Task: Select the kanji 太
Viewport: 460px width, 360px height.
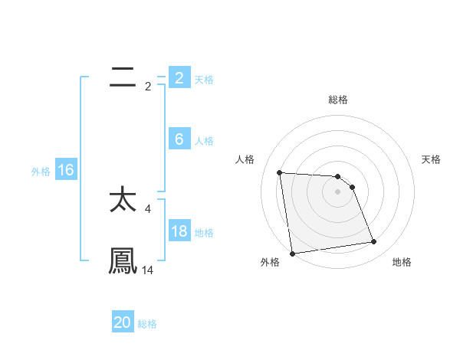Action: click(123, 200)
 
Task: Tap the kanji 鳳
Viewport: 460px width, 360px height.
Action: click(123, 261)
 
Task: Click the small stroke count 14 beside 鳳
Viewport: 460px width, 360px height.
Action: click(148, 270)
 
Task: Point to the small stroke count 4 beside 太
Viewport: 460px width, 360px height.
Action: click(148, 208)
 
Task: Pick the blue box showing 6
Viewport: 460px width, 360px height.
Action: click(179, 139)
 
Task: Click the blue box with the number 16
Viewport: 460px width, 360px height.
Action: click(65, 170)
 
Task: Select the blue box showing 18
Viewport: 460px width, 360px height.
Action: click(179, 231)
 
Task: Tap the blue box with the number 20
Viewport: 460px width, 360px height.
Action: click(123, 322)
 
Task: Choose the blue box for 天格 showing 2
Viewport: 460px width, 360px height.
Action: click(179, 78)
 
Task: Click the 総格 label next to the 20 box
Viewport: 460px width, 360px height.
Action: click(147, 324)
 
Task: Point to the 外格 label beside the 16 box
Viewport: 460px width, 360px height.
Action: click(41, 172)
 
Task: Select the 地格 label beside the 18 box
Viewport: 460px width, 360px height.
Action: click(204, 233)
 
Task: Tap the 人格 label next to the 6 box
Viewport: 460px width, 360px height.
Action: click(204, 141)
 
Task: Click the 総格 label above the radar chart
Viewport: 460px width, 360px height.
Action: click(338, 100)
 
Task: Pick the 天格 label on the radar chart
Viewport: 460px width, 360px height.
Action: click(431, 159)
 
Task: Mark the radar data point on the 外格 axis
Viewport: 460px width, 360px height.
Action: click(292, 254)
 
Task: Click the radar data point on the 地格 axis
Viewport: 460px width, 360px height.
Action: click(374, 242)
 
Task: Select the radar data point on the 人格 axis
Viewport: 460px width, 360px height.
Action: click(280, 172)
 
